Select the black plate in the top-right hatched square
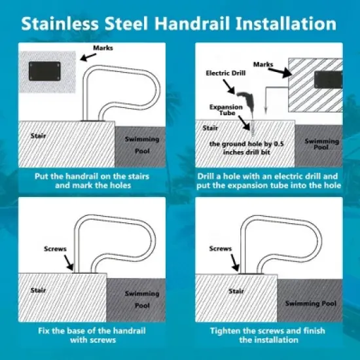329,80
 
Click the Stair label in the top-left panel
39,135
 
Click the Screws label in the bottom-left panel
54,249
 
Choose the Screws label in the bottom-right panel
220,249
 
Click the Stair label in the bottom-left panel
49,293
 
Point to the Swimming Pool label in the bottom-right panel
312,303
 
